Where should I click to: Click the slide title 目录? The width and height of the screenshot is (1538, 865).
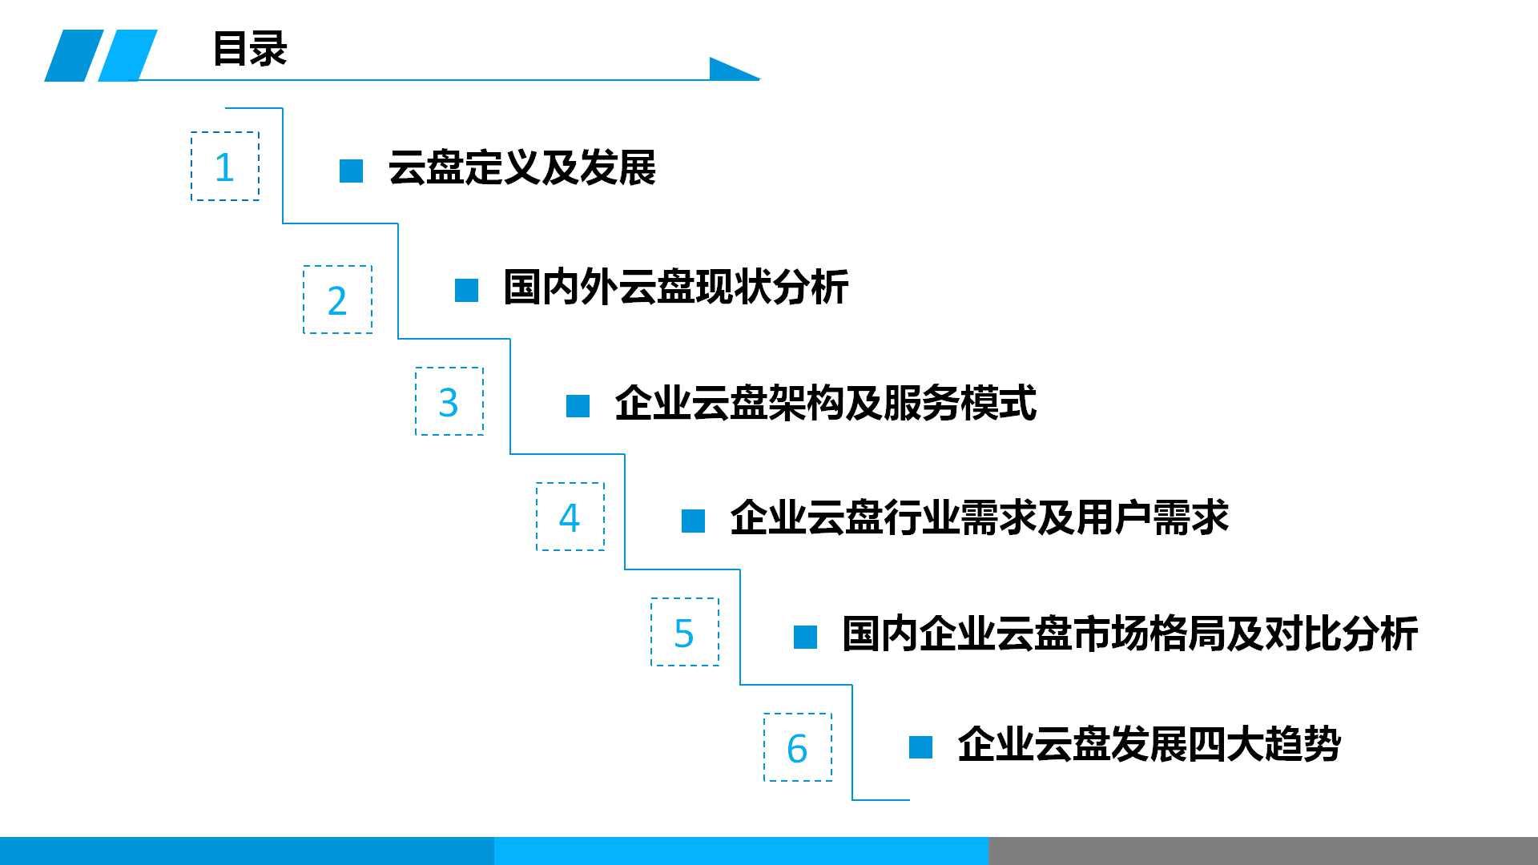point(249,49)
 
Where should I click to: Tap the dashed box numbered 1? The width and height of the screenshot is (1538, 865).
point(225,167)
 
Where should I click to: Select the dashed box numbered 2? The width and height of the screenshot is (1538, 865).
point(337,300)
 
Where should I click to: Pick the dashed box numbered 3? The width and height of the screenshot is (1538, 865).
point(449,401)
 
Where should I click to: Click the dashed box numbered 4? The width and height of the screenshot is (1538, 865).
point(570,517)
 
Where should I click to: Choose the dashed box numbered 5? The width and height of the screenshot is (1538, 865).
point(684,632)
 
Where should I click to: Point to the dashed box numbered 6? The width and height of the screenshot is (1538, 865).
point(797,747)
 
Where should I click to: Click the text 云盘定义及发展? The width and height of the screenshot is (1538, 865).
point(521,168)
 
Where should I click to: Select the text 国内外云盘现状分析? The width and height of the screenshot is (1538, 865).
point(675,287)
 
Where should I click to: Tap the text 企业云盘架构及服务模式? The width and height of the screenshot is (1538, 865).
point(825,403)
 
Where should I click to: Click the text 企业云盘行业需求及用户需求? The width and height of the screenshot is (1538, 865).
point(979,518)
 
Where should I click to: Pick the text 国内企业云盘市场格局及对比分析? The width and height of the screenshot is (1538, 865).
point(1129,634)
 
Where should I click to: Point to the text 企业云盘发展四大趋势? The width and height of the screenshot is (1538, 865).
point(1149,745)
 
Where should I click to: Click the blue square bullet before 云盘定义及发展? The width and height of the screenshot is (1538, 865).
point(351,171)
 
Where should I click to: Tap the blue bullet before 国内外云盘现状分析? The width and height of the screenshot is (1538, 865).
point(466,290)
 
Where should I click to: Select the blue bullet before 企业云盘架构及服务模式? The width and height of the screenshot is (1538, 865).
point(578,406)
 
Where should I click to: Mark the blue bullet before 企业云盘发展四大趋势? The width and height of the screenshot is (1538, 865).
point(920,747)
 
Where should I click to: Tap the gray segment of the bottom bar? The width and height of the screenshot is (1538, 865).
point(1262,851)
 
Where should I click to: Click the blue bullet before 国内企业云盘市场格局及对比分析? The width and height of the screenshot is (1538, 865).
point(805,638)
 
